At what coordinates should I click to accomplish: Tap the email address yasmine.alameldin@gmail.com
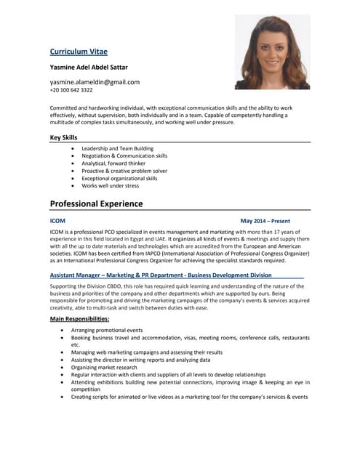[x=95, y=82]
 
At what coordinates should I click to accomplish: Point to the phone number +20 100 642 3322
[x=71, y=90]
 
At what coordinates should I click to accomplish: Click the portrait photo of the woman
[x=272, y=52]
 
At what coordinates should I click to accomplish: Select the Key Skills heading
[x=64, y=137]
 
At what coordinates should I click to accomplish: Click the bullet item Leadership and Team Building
[x=117, y=148]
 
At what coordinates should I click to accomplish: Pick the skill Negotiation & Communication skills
[x=124, y=155]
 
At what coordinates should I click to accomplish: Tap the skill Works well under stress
[x=110, y=185]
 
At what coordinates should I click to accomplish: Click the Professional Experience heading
[x=96, y=203]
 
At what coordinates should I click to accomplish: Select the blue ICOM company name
[x=57, y=220]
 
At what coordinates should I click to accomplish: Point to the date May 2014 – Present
[x=265, y=220]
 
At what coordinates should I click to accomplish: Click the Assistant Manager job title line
[x=160, y=275]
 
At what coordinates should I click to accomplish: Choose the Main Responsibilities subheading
[x=79, y=319]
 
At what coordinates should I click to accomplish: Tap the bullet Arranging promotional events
[x=107, y=330]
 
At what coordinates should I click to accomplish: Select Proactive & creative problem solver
[x=124, y=171]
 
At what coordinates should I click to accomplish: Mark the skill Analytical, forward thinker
[x=113, y=163]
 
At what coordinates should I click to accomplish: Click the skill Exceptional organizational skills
[x=119, y=178]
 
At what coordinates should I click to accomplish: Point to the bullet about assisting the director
[x=140, y=360]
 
